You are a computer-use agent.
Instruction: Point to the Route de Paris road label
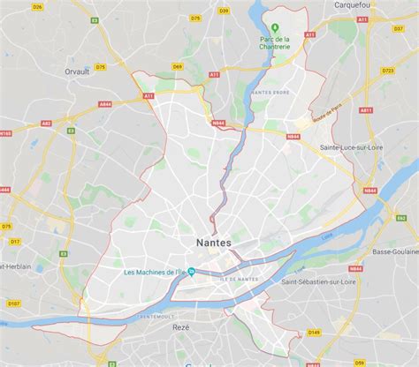pyautogui.click(x=328, y=114)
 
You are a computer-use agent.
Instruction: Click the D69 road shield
pyautogui.click(x=177, y=66)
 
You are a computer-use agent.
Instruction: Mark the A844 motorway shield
pyautogui.click(x=106, y=104)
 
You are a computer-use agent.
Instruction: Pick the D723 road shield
pyautogui.click(x=388, y=70)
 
